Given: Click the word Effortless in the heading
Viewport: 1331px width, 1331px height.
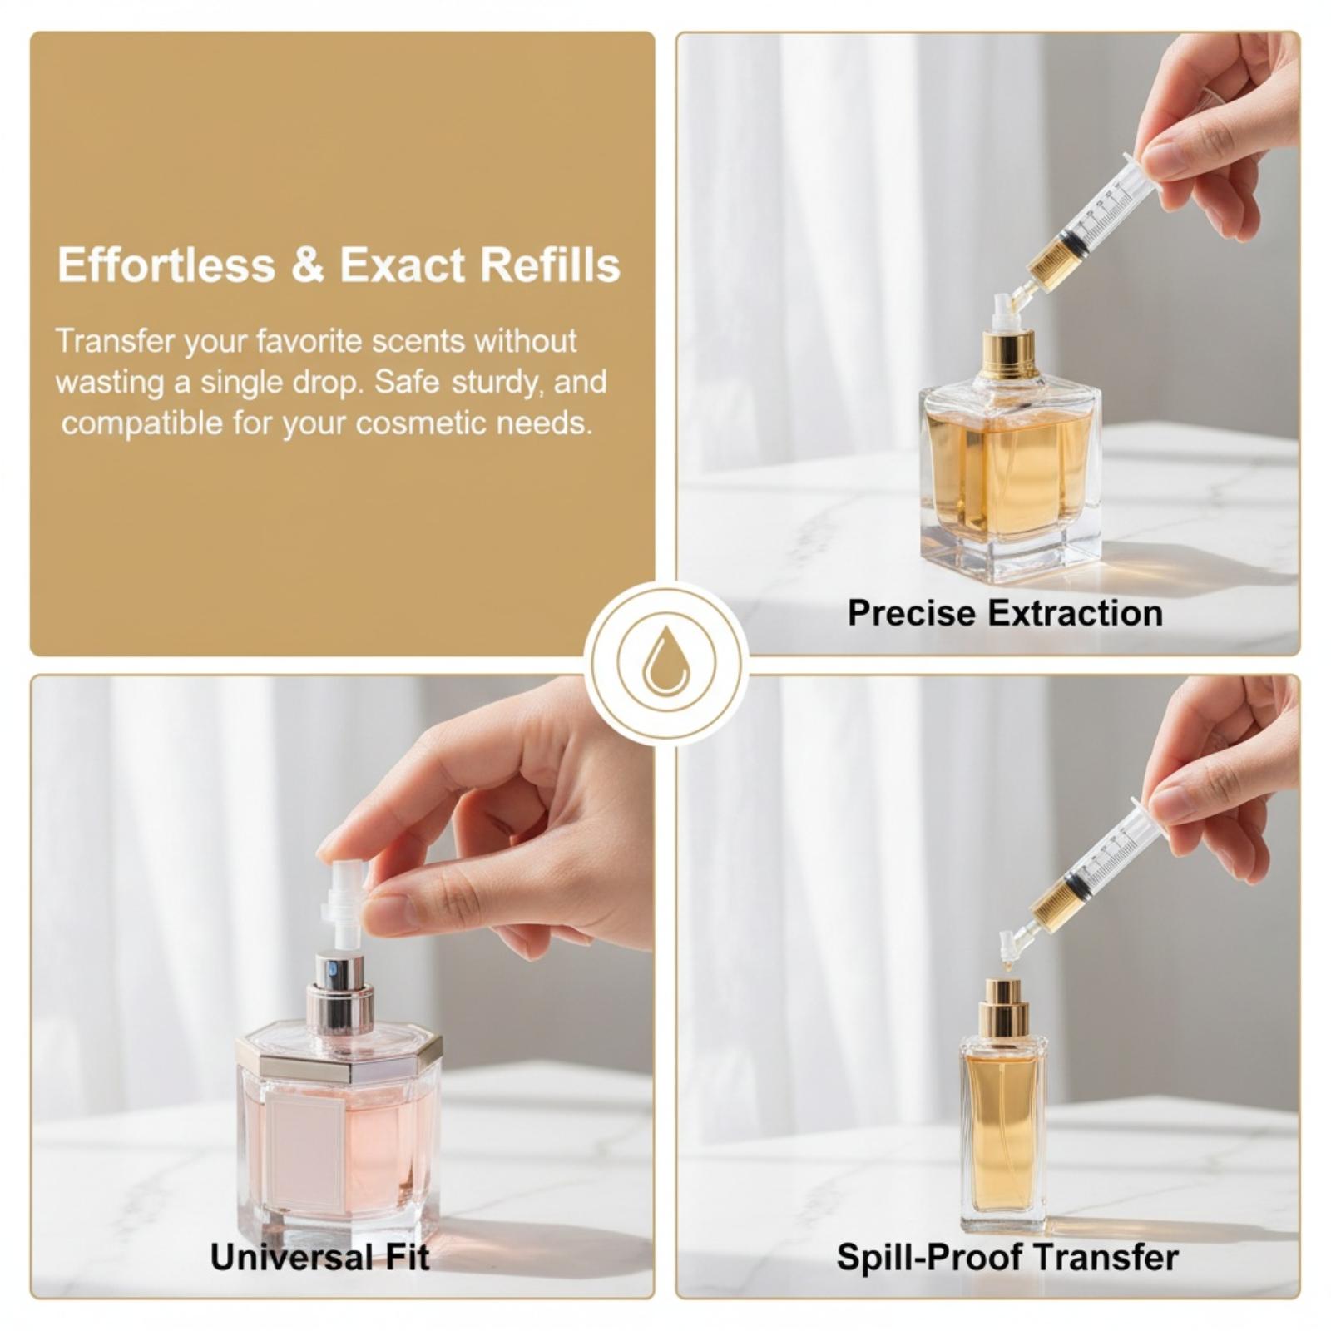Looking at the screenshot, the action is pyautogui.click(x=166, y=265).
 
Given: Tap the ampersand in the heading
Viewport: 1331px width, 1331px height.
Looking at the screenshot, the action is pyautogui.click(x=307, y=266).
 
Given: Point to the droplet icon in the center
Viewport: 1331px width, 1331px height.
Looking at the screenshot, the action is pyautogui.click(x=665, y=664).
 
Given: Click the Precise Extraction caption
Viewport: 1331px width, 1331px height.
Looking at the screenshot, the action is pyautogui.click(x=1005, y=614).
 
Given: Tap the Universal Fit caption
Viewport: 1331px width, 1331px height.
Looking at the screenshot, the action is pyautogui.click(x=320, y=1257).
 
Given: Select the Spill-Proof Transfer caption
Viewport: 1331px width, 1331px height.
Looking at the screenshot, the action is pyautogui.click(x=1007, y=1257).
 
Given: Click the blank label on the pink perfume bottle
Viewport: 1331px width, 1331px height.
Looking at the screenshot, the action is pyautogui.click(x=305, y=1153).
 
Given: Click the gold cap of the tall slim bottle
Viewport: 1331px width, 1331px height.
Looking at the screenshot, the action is pyautogui.click(x=1003, y=1007).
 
